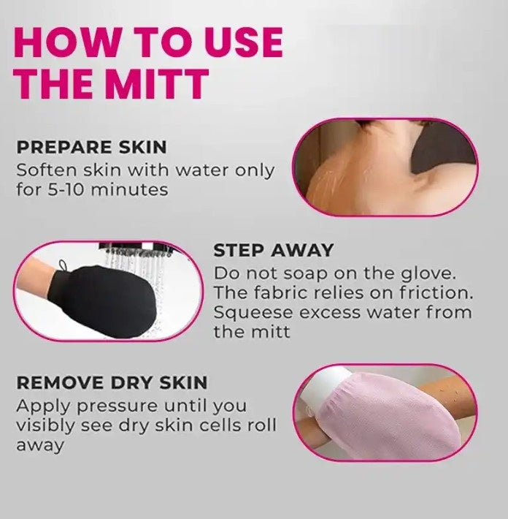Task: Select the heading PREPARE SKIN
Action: click(x=91, y=147)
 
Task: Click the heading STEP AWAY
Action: click(x=273, y=251)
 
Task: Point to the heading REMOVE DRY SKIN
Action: click(x=112, y=382)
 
